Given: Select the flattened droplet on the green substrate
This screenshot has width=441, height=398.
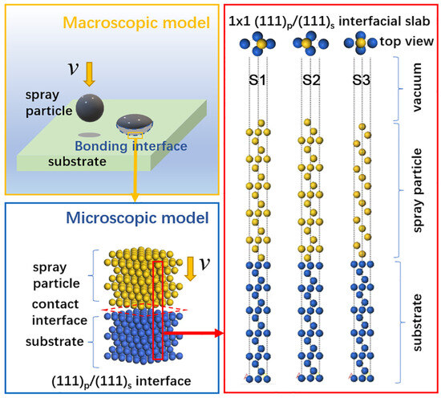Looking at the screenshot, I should click(x=134, y=123).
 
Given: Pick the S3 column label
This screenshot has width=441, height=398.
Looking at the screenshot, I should click(x=364, y=81).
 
